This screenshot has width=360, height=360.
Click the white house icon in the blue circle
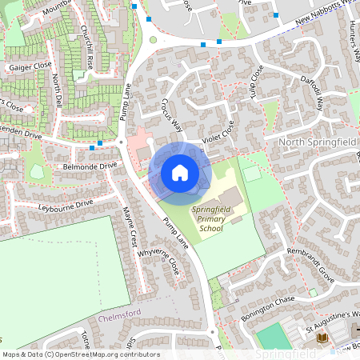point(180,172)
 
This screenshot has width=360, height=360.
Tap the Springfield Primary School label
point(207,218)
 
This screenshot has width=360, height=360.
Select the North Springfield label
point(316,142)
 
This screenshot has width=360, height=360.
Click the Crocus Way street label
point(171,115)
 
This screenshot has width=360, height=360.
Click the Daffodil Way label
point(314,93)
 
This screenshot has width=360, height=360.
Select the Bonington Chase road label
point(267,305)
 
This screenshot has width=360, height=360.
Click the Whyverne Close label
point(159,262)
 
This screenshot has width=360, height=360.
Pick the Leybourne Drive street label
point(66,206)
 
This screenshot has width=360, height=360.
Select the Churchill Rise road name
point(87,47)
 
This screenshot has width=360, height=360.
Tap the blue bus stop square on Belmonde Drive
point(98,145)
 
